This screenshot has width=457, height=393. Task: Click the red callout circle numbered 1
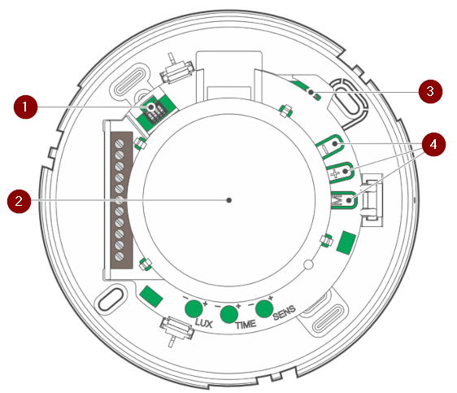pos(26,107)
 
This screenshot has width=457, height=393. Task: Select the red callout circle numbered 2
pos(19,201)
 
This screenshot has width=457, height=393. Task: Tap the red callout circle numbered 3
pos(430,91)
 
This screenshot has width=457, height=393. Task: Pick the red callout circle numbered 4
pos(433,144)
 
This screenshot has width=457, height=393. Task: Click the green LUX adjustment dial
pos(194,308)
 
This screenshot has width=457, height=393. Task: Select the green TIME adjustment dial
pos(229,314)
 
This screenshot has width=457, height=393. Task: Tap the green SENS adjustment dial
pos(264,308)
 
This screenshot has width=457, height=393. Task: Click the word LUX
pos(204,323)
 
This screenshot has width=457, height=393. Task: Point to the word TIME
pos(246,325)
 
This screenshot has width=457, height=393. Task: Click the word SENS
pos(284,312)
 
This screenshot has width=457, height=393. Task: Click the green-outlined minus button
pos(330,146)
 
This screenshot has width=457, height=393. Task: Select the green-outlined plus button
pos(340,172)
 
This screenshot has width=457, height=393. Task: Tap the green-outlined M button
pos(344,200)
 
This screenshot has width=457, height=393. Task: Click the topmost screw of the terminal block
pos(120,143)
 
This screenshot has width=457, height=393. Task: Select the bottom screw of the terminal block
pos(120,256)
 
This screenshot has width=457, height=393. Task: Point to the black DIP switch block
pos(155,111)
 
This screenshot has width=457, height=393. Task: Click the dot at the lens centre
pos(229,200)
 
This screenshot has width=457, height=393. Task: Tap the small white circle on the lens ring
pos(308,264)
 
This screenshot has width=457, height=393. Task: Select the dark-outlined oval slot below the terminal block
pos(111,299)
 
